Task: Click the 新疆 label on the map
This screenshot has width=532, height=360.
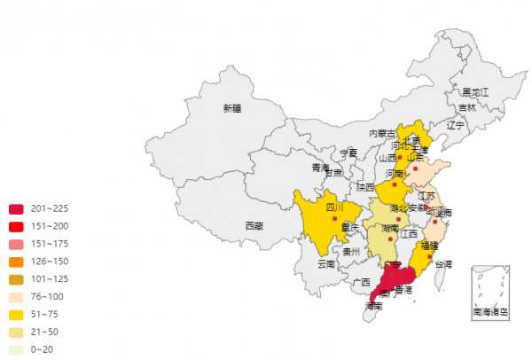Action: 231,109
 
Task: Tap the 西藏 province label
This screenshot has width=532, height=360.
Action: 253,226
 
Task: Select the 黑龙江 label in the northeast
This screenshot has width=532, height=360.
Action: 474,92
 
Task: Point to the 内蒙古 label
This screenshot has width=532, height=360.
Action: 382,134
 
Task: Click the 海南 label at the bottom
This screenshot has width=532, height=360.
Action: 374,306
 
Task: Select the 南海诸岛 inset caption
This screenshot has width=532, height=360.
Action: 490,312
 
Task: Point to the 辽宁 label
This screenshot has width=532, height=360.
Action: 455,126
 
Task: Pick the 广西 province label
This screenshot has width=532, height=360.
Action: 361,283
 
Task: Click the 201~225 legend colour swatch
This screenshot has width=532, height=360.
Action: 16,209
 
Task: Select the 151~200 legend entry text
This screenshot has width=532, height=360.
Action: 49,227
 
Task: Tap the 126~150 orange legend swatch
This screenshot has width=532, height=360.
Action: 16,262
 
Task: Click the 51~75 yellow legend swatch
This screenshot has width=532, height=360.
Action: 16,315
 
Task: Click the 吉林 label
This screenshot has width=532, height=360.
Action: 466,108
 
